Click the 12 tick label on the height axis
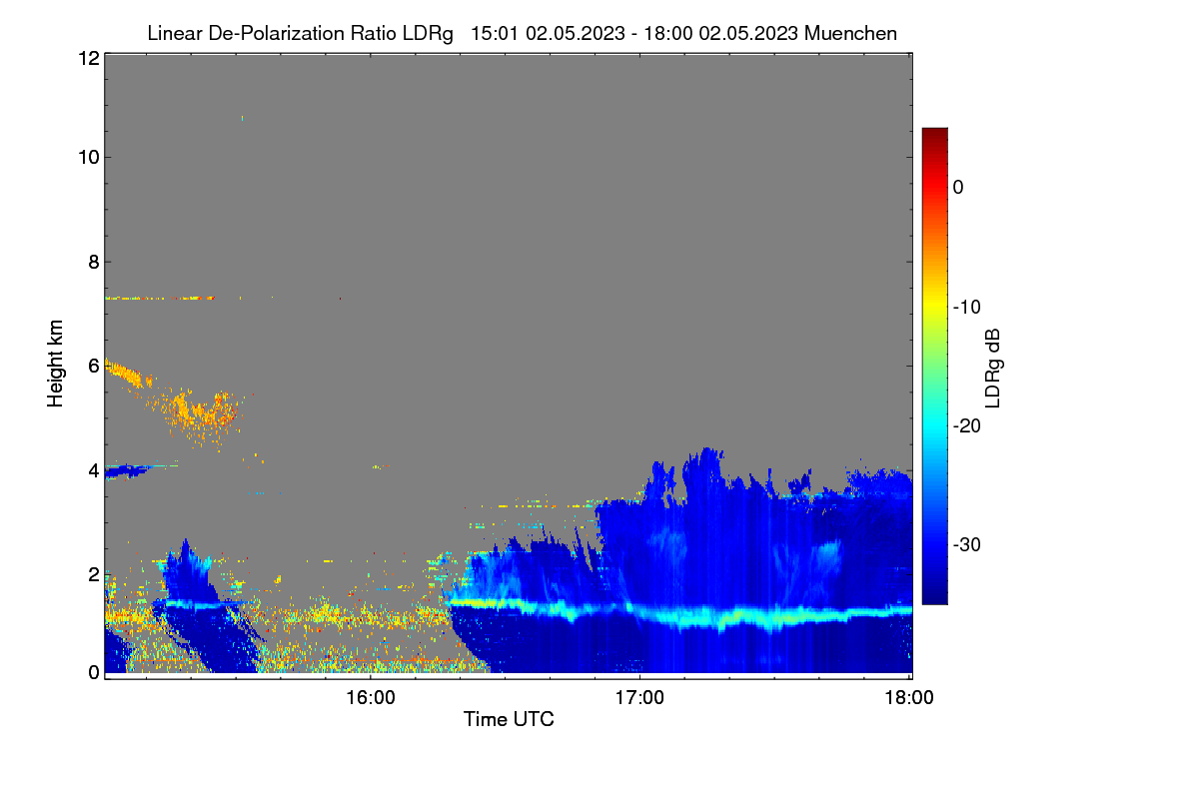coord(89,58)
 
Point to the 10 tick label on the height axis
coord(89,158)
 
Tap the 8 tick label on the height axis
coord(94,262)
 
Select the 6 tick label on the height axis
coord(94,367)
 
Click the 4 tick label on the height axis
coord(94,471)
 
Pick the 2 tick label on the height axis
coord(94,574)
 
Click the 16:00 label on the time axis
coord(371,698)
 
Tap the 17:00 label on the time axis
coord(639,698)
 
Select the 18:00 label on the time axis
coord(909,698)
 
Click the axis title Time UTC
coord(509,719)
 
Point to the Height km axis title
coord(55,364)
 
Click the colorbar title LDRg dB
coord(993,369)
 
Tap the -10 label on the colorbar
coord(967,308)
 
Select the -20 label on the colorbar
coord(967,426)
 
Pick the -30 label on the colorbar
coord(967,544)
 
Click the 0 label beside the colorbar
coord(958,188)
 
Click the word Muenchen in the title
coord(850,33)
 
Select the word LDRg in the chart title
coord(428,34)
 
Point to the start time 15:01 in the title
coord(495,33)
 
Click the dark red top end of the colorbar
coord(934,131)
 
